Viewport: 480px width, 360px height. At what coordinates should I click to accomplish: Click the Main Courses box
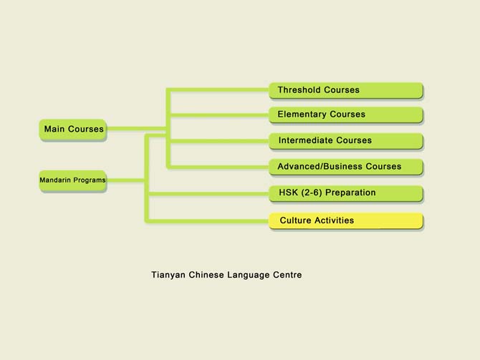(73, 130)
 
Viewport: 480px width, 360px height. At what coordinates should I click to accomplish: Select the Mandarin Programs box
(73, 180)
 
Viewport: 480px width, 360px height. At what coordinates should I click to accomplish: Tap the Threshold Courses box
(346, 90)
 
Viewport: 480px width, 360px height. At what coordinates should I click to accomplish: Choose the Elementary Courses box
(346, 115)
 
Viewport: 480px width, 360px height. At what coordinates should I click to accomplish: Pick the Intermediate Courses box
(346, 141)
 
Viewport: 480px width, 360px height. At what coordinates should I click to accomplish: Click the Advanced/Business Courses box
(346, 167)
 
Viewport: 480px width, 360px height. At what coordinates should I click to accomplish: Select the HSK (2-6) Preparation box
(346, 193)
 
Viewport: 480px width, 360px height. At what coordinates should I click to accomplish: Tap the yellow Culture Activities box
(346, 220)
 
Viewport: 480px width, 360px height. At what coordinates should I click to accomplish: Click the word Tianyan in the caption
(168, 275)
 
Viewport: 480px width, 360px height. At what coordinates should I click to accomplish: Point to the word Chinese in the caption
(206, 275)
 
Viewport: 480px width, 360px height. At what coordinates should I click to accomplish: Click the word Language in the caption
(249, 275)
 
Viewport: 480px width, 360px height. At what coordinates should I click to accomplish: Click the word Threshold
(299, 90)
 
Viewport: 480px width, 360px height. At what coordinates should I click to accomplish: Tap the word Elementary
(302, 115)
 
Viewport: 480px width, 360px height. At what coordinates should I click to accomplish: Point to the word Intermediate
(306, 140)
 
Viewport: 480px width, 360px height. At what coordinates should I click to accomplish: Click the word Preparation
(350, 193)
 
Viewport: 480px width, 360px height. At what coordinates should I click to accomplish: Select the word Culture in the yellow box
(295, 220)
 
